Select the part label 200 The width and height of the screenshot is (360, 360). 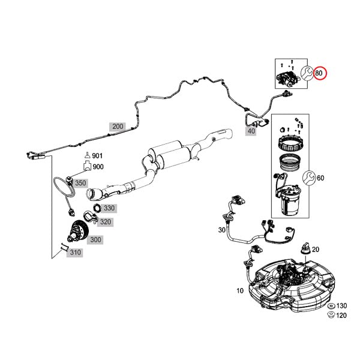[118, 127]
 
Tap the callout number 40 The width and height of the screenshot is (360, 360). [251, 131]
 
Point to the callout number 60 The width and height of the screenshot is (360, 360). [320, 178]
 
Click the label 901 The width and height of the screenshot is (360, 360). [98, 156]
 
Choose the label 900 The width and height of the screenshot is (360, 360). [98, 166]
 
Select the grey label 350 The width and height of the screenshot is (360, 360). [80, 182]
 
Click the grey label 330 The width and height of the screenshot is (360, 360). [109, 208]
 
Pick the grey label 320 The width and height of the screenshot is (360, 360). [105, 221]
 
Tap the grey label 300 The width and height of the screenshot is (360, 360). [95, 239]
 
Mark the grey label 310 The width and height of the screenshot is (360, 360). [74, 253]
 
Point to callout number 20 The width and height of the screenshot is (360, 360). [316, 250]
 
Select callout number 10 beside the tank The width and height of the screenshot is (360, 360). [240, 291]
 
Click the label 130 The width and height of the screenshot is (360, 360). [341, 305]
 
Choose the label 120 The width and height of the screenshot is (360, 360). [341, 315]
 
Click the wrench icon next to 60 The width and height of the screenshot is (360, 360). [310, 178]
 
